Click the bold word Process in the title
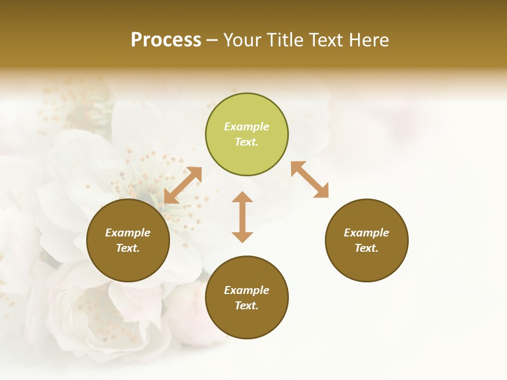click(x=166, y=40)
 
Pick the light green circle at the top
click(x=247, y=135)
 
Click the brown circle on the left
click(x=128, y=241)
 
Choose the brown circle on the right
click(x=367, y=241)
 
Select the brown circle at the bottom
click(x=247, y=298)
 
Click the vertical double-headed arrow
click(x=242, y=217)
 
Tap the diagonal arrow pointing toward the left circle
click(x=183, y=185)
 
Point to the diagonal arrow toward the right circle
click(x=310, y=180)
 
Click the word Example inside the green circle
click(x=247, y=127)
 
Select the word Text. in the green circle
click(x=247, y=142)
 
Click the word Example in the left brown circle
click(x=128, y=233)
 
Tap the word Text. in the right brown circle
click(x=367, y=248)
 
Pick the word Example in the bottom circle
click(x=247, y=290)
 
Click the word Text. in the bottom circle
click(x=247, y=306)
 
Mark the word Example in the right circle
click(x=367, y=233)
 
